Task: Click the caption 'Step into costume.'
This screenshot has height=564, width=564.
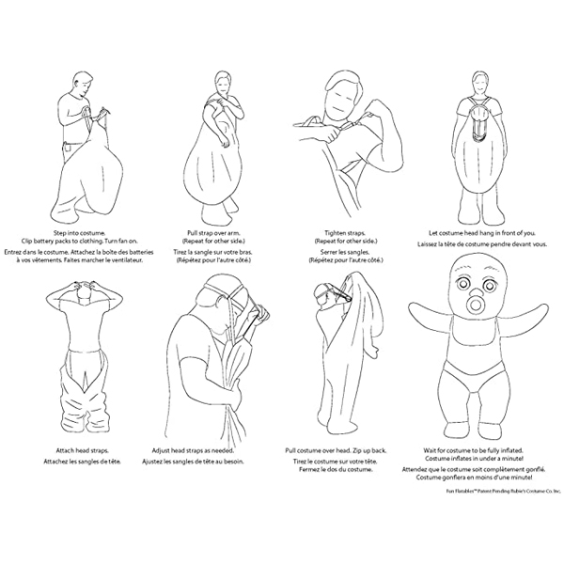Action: (79, 233)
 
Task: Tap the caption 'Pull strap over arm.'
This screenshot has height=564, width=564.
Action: (213, 233)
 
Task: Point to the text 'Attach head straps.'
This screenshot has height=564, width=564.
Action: (83, 450)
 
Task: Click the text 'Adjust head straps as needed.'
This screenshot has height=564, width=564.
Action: (193, 450)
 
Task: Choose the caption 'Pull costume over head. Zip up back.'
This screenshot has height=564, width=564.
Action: (336, 450)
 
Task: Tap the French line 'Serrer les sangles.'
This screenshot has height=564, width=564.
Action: (345, 252)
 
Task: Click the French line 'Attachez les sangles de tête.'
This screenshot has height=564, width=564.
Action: (83, 462)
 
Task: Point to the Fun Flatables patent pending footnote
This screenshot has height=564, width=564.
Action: (503, 491)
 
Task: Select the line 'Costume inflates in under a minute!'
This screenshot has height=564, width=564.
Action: (474, 459)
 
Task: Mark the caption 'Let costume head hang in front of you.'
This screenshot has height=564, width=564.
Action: (482, 233)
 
